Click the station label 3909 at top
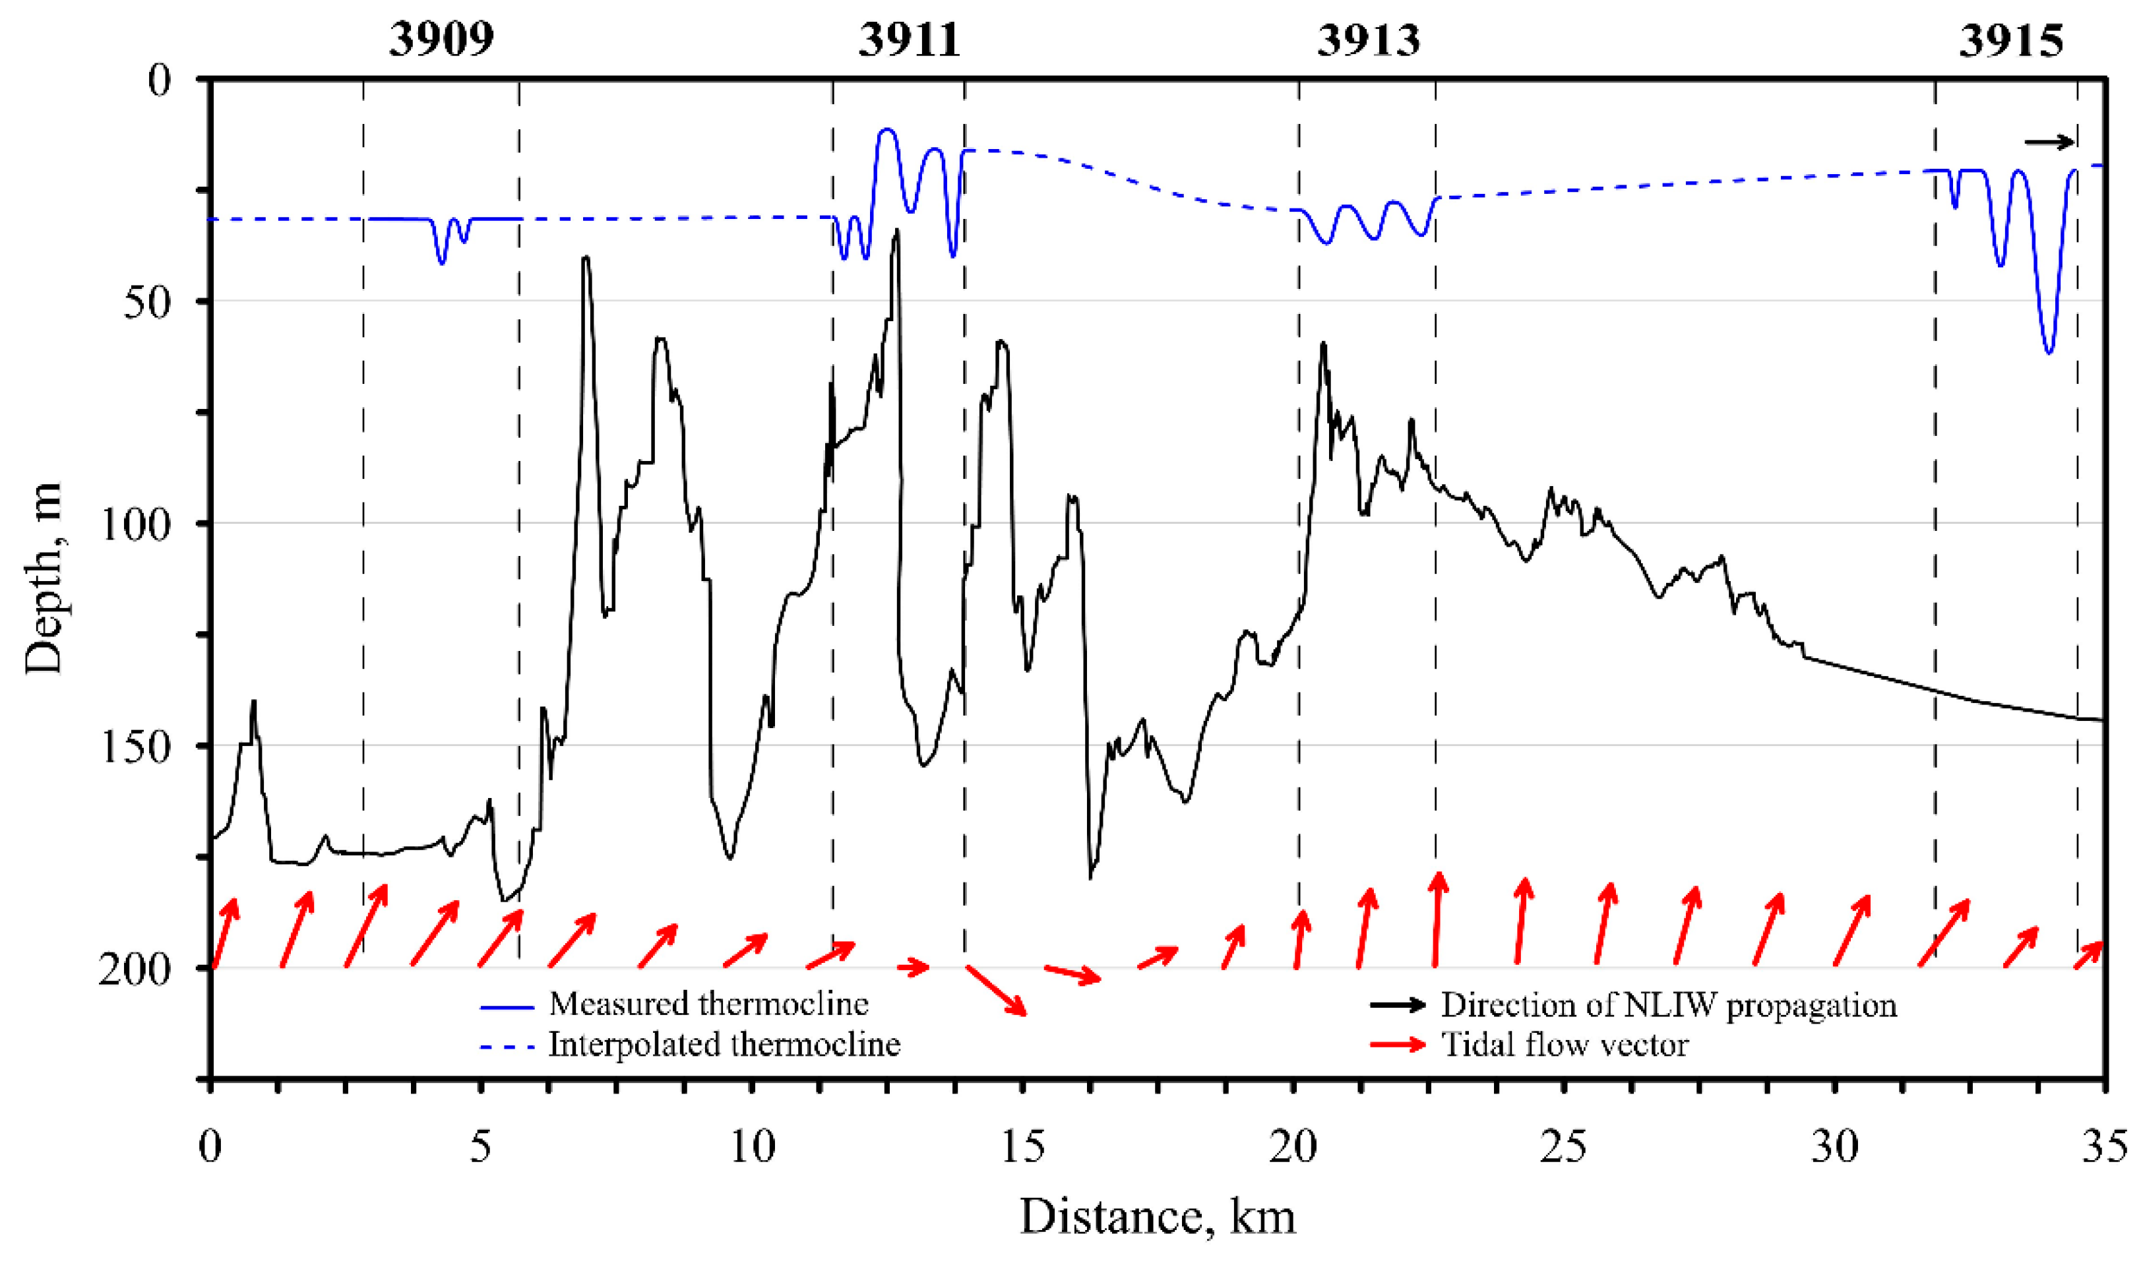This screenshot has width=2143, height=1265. [441, 39]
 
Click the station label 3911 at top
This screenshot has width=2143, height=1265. [909, 39]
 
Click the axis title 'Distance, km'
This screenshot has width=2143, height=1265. [1157, 1216]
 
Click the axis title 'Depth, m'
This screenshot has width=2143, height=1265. [43, 580]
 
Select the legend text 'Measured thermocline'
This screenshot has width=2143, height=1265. [708, 1004]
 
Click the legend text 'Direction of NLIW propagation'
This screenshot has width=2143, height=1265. [1668, 1005]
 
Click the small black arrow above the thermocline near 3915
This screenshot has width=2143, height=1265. [2049, 142]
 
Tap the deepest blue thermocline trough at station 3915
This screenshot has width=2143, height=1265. [2049, 351]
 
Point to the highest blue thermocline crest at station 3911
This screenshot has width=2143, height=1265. [886, 129]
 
